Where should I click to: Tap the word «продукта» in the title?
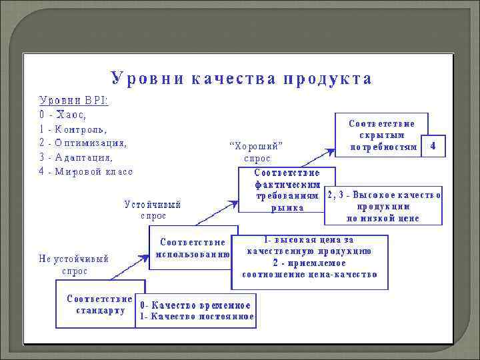pyautogui.click(x=327, y=79)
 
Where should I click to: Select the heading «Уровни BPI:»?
pyautogui.click(x=74, y=101)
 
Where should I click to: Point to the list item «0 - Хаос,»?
pyautogui.click(x=63, y=115)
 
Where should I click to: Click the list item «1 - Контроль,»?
pyautogui.click(x=73, y=129)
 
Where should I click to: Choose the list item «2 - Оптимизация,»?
pyautogui.click(x=83, y=143)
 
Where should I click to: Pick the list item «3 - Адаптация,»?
pyautogui.click(x=77, y=157)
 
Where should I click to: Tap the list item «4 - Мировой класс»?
pyautogui.click(x=87, y=171)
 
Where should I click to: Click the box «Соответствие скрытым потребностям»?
pyautogui.click(x=382, y=135)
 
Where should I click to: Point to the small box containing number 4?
pyautogui.click(x=434, y=145)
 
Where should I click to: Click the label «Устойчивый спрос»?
pyautogui.click(x=153, y=210)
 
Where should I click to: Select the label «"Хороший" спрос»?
pyautogui.click(x=257, y=152)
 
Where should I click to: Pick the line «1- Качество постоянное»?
pyautogui.click(x=196, y=317)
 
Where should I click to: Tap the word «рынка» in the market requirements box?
pyautogui.click(x=287, y=207)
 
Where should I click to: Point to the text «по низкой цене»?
pyautogui.click(x=383, y=217)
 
